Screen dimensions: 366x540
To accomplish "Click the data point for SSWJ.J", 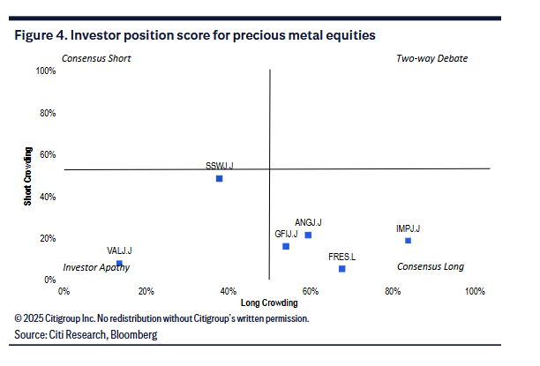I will click(219, 178).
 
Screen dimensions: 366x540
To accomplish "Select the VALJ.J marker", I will click(119, 263).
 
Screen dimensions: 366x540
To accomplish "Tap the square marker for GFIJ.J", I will click(286, 246).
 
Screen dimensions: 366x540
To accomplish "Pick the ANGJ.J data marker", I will click(308, 235).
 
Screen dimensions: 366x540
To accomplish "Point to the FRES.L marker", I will click(341, 268).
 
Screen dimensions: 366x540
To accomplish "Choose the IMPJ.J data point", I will click(408, 241).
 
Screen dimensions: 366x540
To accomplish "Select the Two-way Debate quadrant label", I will click(432, 58).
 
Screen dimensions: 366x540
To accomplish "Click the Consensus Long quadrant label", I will click(430, 266).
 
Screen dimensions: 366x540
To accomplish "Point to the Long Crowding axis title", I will click(269, 303).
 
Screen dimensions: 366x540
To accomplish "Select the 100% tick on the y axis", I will click(45, 71).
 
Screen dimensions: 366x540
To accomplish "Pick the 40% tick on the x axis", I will click(229, 290).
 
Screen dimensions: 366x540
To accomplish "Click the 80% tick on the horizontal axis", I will click(393, 290).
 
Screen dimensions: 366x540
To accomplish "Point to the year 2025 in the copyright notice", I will click(36, 317).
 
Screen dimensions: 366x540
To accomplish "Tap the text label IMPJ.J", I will click(409, 229).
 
